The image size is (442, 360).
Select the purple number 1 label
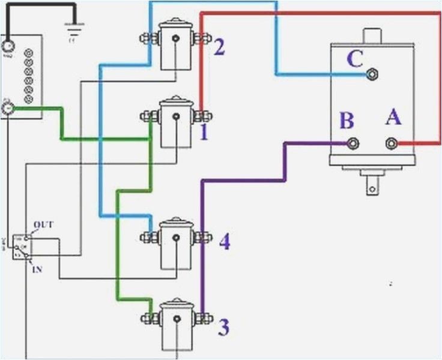coord(204,131)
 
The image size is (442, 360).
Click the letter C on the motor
coord(355,59)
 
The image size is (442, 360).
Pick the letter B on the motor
coord(347,121)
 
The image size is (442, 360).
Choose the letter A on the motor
coord(393,118)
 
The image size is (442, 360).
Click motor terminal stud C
coord(372,74)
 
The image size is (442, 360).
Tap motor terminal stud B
coord(354,143)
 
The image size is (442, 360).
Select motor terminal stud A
coord(392,143)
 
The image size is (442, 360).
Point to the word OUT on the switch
coord(44,225)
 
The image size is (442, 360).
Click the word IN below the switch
coord(37,270)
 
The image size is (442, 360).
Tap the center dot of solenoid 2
coord(175,40)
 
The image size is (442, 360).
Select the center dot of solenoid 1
coord(175,116)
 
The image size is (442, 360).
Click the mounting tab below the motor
coord(373,183)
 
